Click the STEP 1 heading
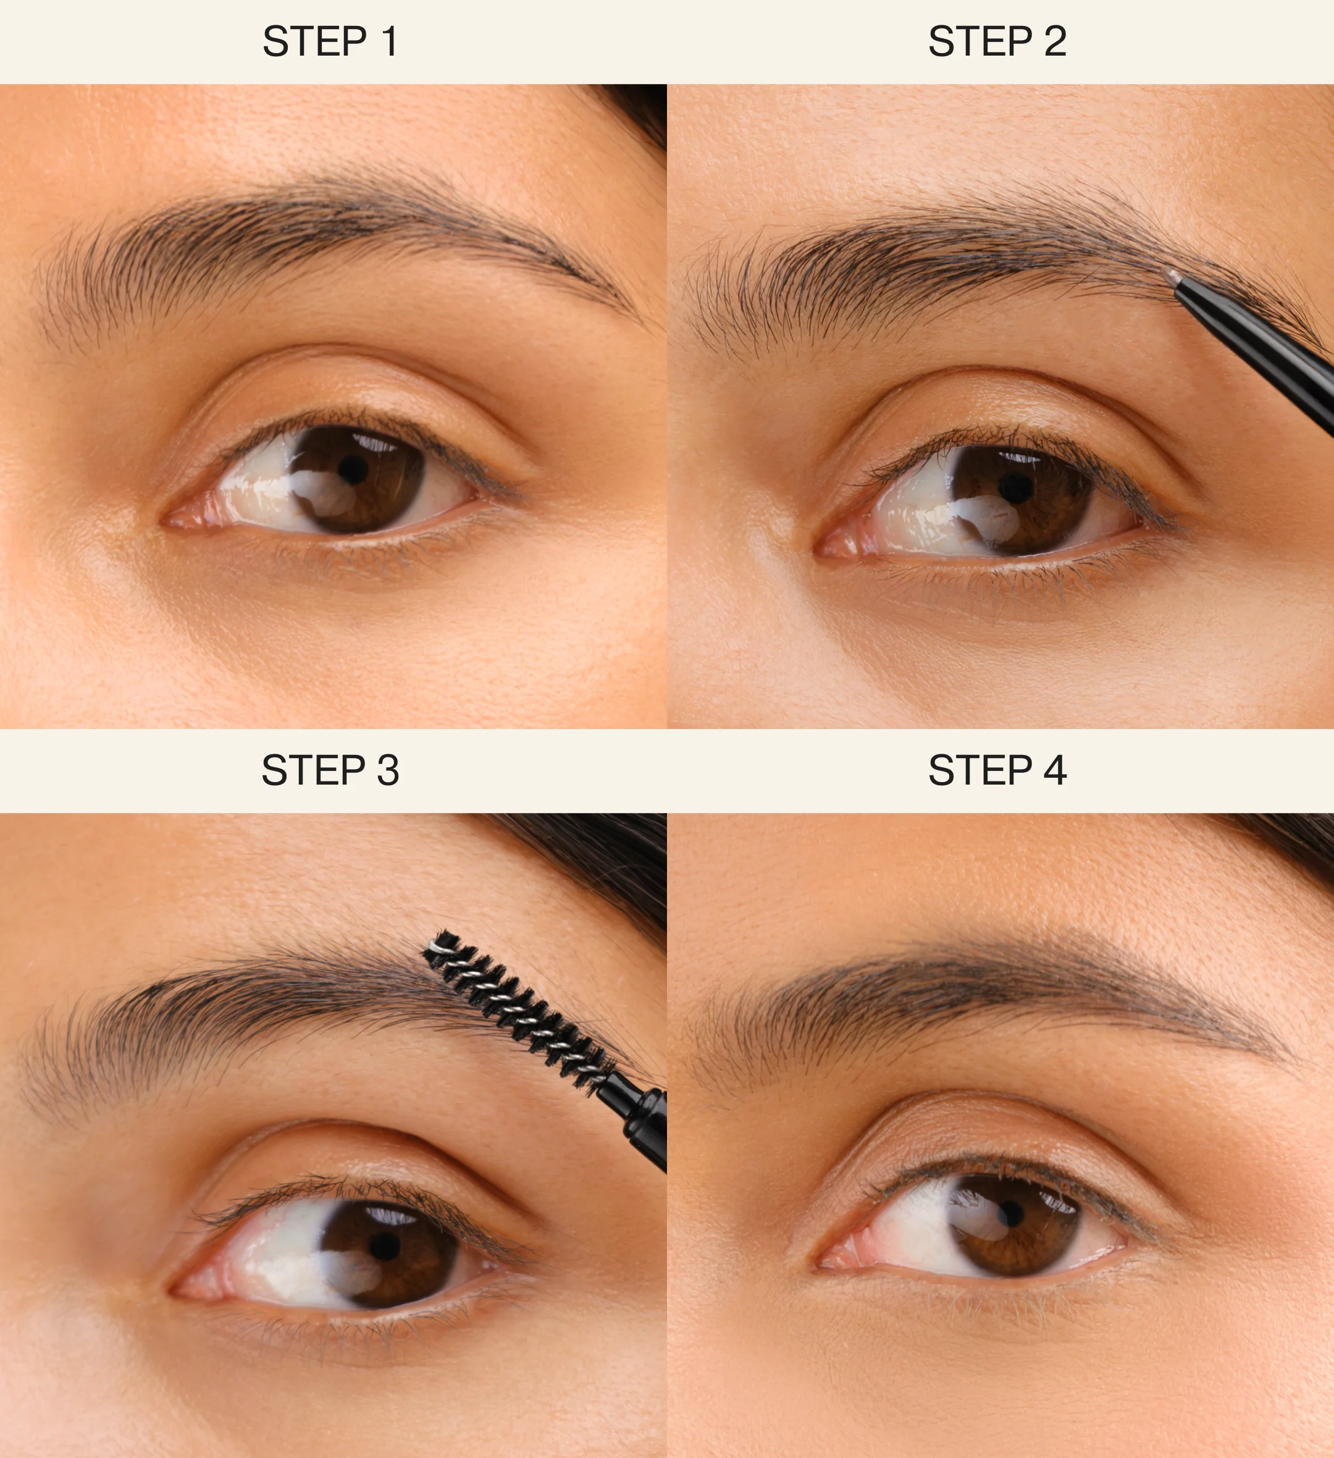pos(330,41)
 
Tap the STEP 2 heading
pos(997,41)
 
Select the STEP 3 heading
pos(330,770)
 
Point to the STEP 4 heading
pos(997,770)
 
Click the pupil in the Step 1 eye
pos(352,471)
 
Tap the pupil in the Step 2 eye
pos(1016,489)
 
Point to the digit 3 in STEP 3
pos(388,770)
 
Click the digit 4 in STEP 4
pos(1055,770)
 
